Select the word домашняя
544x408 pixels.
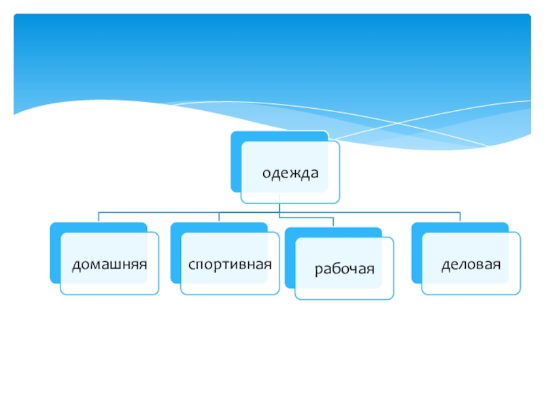[x=110, y=263]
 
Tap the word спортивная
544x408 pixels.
[x=230, y=263]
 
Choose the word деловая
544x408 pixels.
[x=471, y=263]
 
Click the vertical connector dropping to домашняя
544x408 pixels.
[x=99, y=217]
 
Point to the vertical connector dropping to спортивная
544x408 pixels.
[x=218, y=217]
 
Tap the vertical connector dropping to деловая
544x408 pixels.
[x=460, y=217]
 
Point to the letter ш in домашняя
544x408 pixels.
[x=114, y=263]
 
